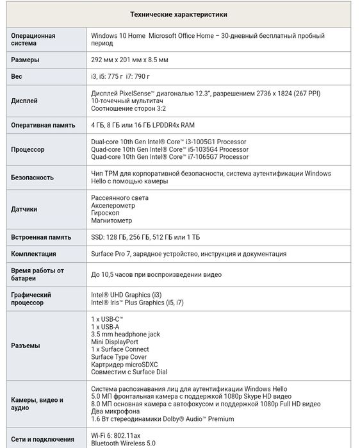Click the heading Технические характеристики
[179, 14]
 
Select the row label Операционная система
[33, 40]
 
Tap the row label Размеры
[26, 60]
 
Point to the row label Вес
[17, 76]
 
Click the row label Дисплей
[25, 101]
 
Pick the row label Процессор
[28, 149]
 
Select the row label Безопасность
[33, 178]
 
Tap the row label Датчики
[24, 209]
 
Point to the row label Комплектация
[34, 254]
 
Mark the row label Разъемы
[26, 345]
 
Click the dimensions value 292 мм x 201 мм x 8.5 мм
[130, 60]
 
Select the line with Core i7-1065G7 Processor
[170, 157]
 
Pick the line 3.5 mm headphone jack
[126, 334]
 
